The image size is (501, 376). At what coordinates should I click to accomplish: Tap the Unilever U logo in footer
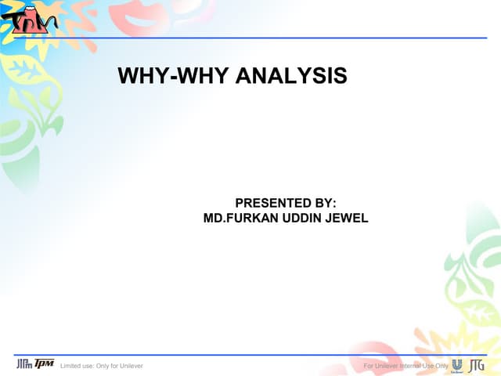[457, 364]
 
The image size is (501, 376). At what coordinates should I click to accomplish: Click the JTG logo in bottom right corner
[476, 364]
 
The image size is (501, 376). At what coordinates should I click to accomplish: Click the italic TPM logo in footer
[45, 364]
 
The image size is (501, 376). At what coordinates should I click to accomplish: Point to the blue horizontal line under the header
[258, 37]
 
